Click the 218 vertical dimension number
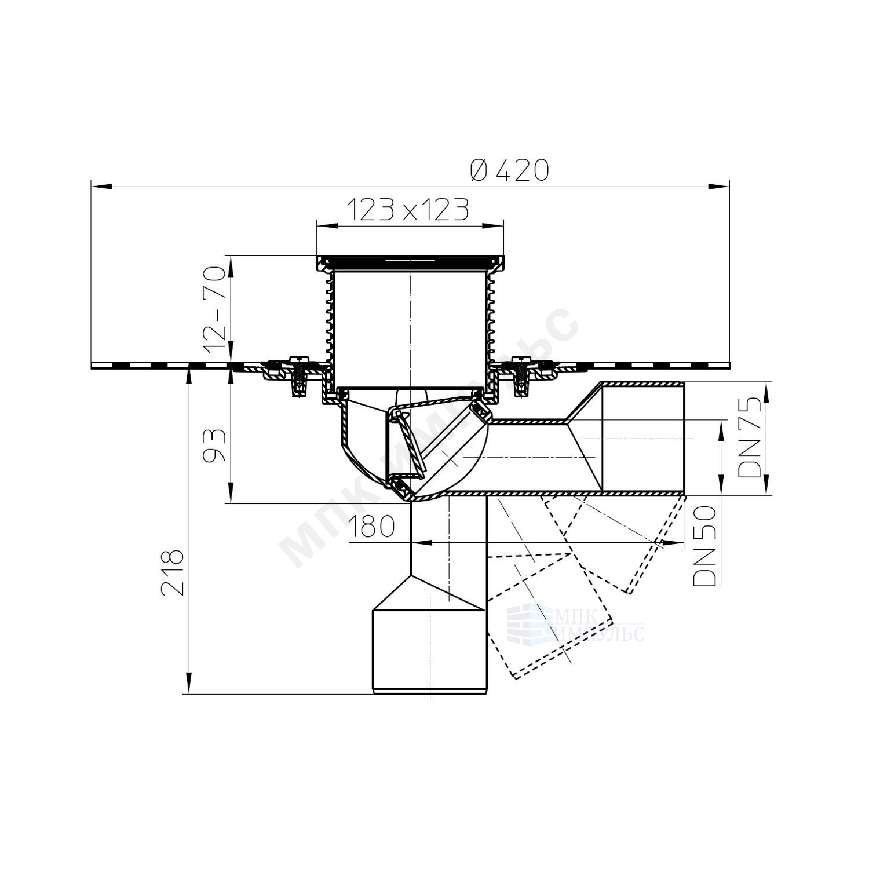pos(172,572)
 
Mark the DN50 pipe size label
pos(705,545)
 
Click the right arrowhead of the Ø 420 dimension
pos(720,186)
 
